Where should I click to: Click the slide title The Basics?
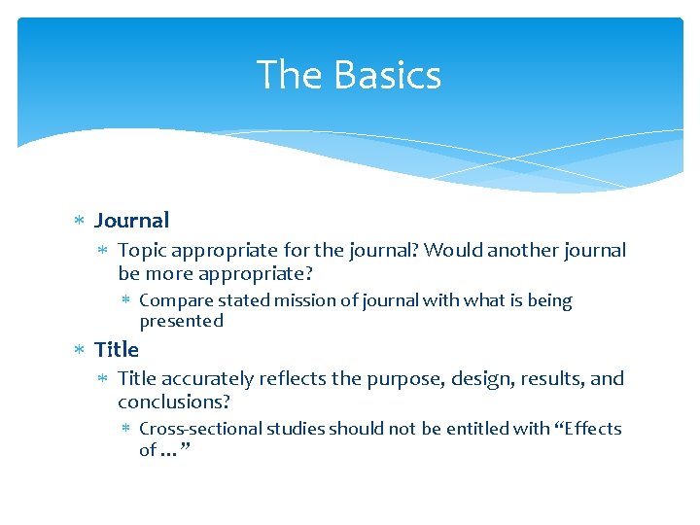349,76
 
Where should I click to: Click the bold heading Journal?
131,221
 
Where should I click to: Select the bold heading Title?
117,349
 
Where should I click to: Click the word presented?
182,321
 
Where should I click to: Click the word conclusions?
173,402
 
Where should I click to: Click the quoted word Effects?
587,429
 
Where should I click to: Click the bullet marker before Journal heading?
80,222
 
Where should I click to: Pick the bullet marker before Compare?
126,301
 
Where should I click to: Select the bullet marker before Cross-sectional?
126,429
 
